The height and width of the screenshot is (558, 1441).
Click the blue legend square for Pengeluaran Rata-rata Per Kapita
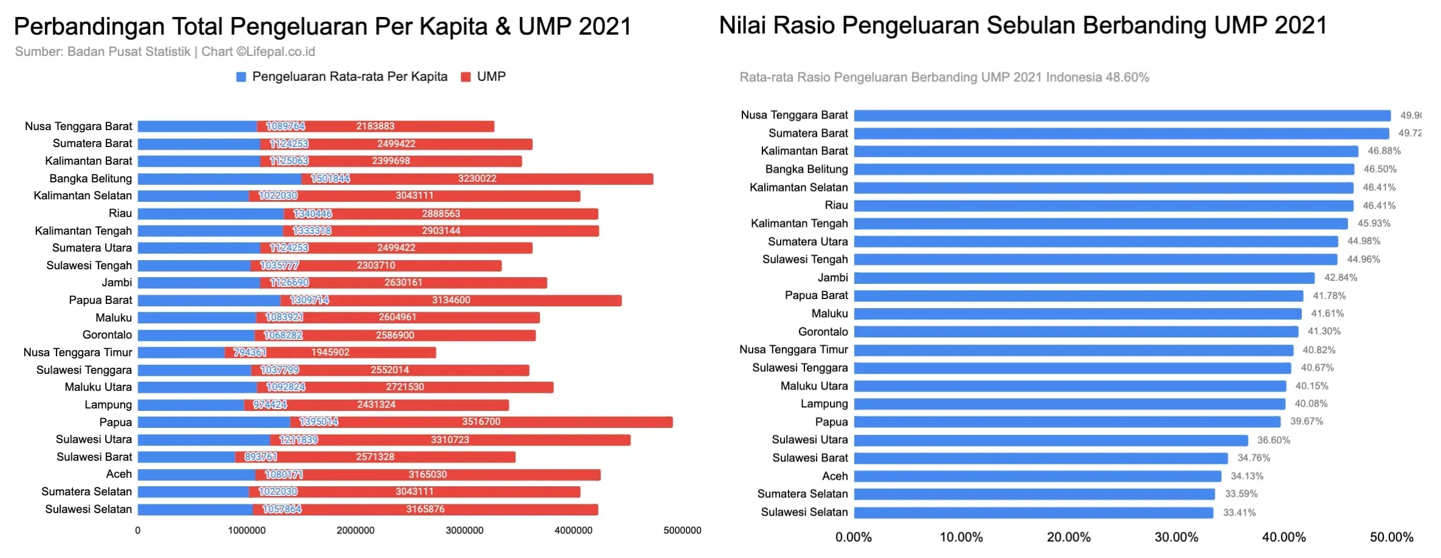tap(241, 77)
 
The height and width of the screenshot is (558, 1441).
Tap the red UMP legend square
tap(466, 77)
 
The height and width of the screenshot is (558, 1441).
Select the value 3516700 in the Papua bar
tap(481, 422)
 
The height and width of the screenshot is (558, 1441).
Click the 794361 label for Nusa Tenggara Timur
tap(250, 353)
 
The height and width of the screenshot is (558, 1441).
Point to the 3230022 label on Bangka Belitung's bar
tap(477, 179)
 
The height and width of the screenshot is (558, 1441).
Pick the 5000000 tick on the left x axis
tap(682, 531)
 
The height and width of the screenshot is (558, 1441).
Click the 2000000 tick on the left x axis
tap(355, 531)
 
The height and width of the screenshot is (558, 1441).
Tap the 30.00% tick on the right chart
tap(1176, 537)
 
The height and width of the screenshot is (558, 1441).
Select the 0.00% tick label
tap(854, 537)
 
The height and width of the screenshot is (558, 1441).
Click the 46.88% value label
tap(1384, 151)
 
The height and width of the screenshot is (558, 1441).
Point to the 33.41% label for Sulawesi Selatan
tap(1239, 512)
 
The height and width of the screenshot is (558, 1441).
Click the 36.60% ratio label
tap(1273, 440)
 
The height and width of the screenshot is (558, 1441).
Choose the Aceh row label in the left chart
tap(118, 474)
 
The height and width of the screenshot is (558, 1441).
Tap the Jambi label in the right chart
tap(832, 278)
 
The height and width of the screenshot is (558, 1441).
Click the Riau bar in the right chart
tap(1103, 205)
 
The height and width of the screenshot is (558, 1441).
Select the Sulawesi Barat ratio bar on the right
tap(1041, 458)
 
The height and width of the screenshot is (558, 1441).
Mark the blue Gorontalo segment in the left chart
tap(196, 335)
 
